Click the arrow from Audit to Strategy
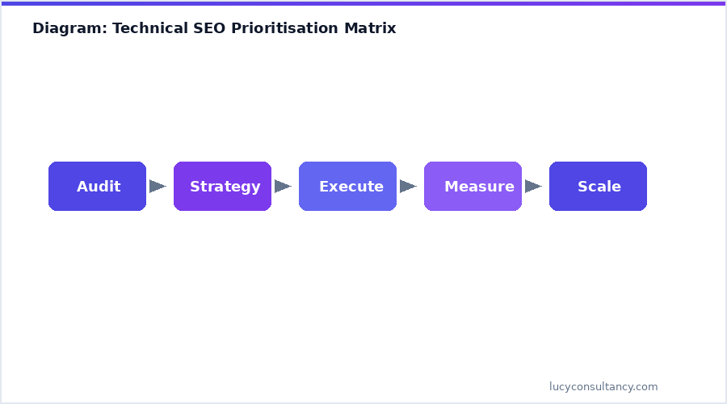point(158,186)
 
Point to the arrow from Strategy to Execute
point(283,186)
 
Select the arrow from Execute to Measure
point(408,186)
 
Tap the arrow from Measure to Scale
point(533,186)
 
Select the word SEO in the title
point(210,28)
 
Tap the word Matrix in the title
point(370,28)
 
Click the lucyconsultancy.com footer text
point(603,386)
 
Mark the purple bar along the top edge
point(363,2)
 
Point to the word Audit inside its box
point(99,187)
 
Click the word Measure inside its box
point(479,187)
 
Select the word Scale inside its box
point(599,187)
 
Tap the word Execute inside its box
point(351,187)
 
